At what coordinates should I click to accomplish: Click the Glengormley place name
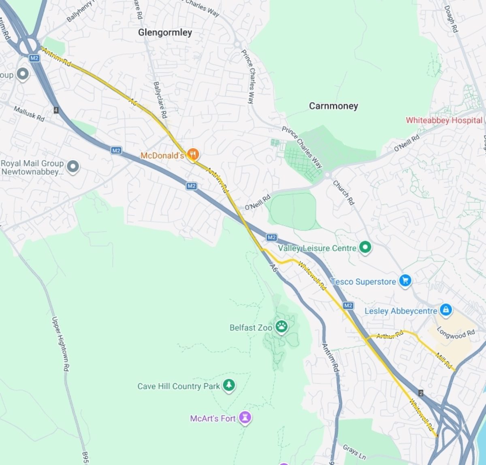tap(165, 32)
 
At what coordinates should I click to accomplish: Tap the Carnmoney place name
tap(333, 106)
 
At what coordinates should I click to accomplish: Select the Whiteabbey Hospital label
tap(444, 120)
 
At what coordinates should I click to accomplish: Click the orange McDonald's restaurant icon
tap(193, 154)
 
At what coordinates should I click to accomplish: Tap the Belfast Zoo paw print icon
tap(281, 326)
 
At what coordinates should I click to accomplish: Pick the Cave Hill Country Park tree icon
tap(229, 385)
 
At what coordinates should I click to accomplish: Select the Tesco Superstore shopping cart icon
tap(405, 280)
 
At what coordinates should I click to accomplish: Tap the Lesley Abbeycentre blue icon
tap(446, 310)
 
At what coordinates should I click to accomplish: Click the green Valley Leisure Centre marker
tap(365, 247)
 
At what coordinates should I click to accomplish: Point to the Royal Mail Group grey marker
tap(73, 166)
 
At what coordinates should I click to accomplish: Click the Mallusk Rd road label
tap(29, 114)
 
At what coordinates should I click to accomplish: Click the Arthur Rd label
tap(390, 335)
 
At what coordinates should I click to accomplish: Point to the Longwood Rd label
tap(456, 334)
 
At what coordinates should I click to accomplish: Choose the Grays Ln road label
tap(354, 452)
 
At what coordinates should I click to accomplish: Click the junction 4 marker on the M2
tap(56, 110)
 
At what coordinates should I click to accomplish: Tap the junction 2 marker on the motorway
tap(421, 393)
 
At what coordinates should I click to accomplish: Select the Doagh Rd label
tap(451, 19)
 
